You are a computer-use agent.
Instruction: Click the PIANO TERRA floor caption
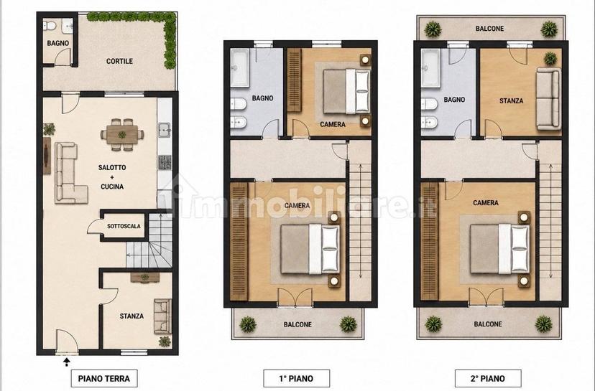[104, 379]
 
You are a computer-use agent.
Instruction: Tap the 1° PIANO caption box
[296, 379]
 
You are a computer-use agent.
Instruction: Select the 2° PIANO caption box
[488, 379]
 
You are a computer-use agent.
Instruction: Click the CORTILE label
[119, 61]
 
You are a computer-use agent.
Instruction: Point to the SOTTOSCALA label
[124, 226]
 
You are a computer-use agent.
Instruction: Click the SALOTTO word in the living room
[112, 167]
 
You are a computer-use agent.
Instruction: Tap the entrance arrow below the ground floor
[67, 362]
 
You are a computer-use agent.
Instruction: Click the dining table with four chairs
[122, 134]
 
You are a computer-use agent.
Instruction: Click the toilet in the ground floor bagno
[50, 25]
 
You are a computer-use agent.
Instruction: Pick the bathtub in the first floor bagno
[240, 68]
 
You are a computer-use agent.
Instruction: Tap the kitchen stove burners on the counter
[165, 162]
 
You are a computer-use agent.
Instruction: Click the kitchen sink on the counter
[165, 130]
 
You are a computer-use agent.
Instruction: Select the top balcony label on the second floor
[489, 29]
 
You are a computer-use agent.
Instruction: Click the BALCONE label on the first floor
[298, 325]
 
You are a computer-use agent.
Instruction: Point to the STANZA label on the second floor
[511, 100]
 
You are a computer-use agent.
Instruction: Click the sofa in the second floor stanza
[548, 99]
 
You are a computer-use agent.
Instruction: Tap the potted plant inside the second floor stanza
[550, 58]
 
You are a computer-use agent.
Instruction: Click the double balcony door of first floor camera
[295, 298]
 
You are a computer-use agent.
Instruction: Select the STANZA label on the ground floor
[132, 316]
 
